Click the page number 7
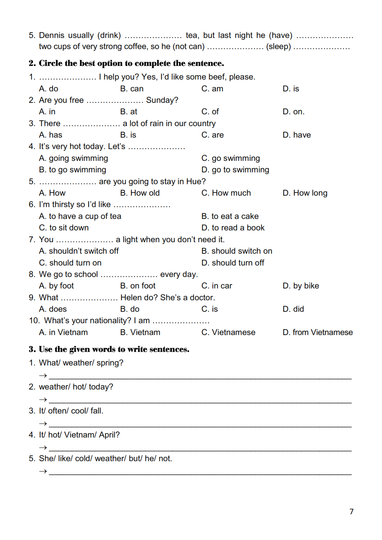pos(351,511)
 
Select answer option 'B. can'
pos(132,89)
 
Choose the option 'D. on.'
pos(293,112)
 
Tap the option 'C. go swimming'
pos(230,158)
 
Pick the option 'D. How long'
pos(305,193)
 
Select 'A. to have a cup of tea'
pos(80,216)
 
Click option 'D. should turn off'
pos(233,263)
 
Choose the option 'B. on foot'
pos(138,286)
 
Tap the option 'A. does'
pos(53,309)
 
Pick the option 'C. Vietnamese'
pos(228,332)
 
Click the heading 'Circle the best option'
pos(126,63)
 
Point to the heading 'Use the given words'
pos(109,349)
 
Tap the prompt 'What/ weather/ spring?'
pos(81,363)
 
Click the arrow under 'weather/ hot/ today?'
pos(43,400)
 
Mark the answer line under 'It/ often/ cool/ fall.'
pos(200,426)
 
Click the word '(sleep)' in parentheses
pos(278,47)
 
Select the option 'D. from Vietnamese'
pos(317,332)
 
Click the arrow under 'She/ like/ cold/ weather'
pos(43,471)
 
